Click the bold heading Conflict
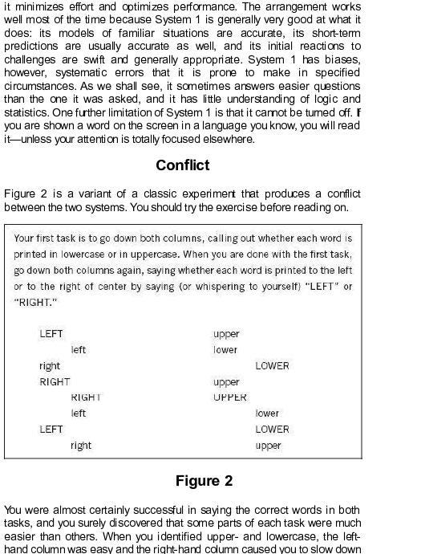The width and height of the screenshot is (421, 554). point(183,165)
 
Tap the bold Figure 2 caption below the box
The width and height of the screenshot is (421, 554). point(204,481)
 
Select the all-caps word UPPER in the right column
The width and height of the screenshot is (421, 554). point(230,397)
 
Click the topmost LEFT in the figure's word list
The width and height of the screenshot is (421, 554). point(51,334)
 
